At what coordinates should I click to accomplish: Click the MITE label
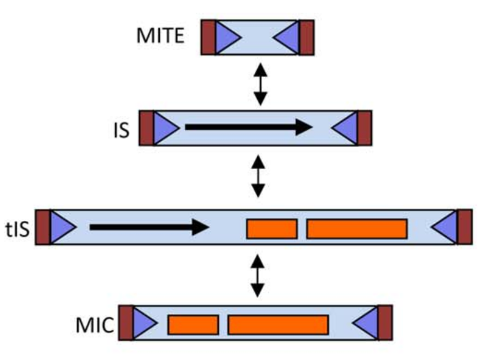[x=160, y=36]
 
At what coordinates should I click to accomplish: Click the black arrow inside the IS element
[x=249, y=127]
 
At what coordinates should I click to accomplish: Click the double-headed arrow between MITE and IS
[x=261, y=83]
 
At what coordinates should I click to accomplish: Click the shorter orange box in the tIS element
[x=271, y=228]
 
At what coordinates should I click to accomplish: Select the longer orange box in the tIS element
[x=356, y=228]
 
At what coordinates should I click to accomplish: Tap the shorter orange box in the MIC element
[x=193, y=324]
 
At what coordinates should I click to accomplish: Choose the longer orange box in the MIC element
[x=278, y=324]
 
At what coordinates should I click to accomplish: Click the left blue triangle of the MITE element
[x=227, y=37]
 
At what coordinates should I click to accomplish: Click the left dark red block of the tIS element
[x=42, y=227]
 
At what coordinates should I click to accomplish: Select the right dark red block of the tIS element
[x=464, y=227]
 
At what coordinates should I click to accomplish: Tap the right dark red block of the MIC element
[x=385, y=323]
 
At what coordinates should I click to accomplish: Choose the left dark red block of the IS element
[x=146, y=128]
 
